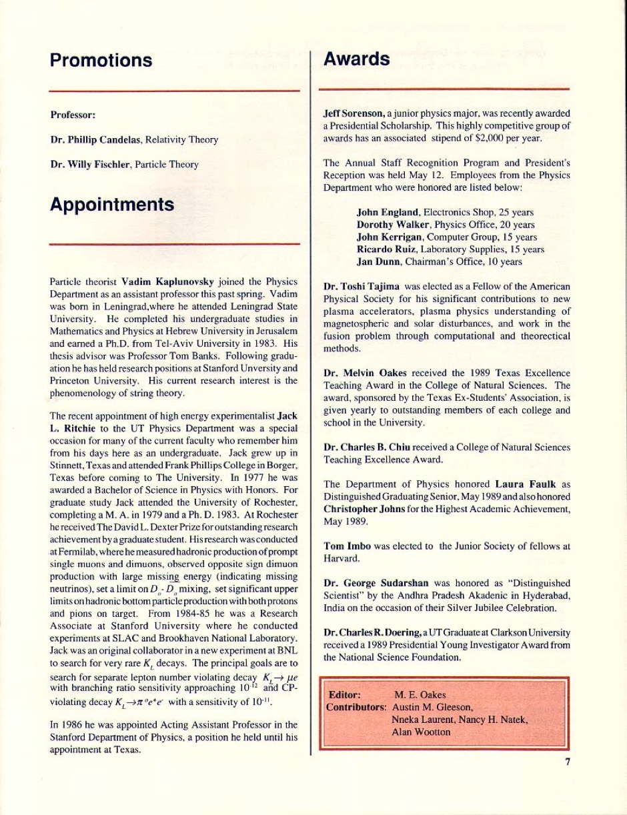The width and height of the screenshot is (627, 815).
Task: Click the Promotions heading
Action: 101,61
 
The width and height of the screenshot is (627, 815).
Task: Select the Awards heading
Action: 356,59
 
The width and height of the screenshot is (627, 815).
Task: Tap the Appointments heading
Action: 112,204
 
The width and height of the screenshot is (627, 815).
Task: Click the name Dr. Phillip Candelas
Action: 91,140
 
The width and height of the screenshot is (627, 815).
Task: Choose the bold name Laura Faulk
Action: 523,484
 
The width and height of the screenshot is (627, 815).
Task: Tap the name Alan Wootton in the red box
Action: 421,732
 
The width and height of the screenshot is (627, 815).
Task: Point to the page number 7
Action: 568,762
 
